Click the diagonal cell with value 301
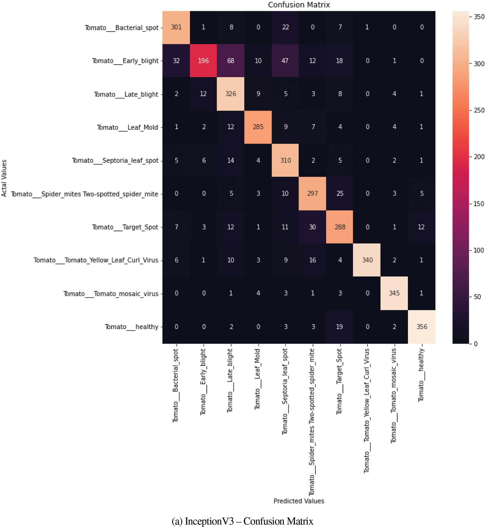[176, 27]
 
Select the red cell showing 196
[203, 61]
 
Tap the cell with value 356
[421, 327]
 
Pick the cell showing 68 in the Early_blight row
[231, 61]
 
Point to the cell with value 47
[285, 61]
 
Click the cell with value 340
[367, 260]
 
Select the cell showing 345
[394, 293]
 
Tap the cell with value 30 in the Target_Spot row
[313, 227]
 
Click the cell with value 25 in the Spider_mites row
[340, 194]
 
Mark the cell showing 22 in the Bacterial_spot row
[285, 27]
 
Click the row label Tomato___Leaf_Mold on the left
[128, 128]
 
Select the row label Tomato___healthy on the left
[132, 327]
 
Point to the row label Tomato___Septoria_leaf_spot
[115, 161]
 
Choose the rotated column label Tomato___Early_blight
[203, 382]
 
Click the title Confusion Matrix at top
[299, 5]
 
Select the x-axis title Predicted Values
[299, 501]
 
